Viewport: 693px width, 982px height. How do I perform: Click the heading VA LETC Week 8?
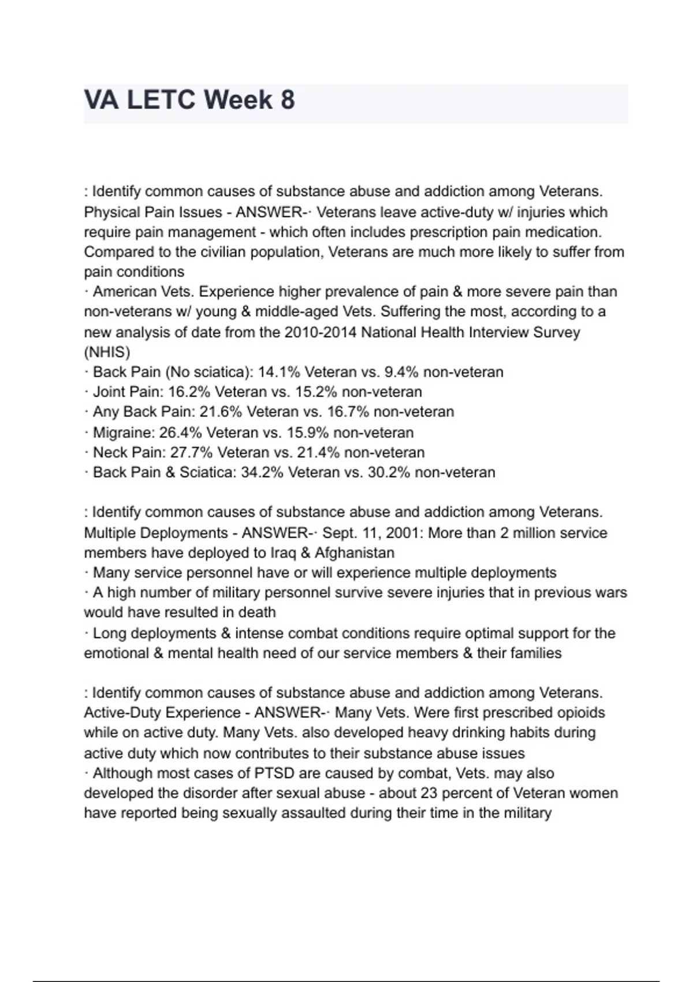coord(189,100)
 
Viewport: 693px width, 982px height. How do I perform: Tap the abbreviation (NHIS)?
coord(107,352)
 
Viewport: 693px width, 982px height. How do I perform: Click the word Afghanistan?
coord(355,553)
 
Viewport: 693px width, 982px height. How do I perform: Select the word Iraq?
coord(283,553)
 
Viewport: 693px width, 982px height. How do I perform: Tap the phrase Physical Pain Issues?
coord(153,212)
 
